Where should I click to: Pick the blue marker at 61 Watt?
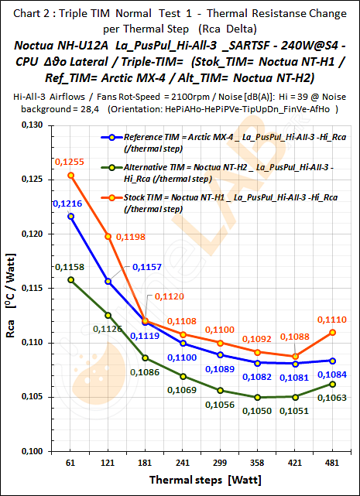click(x=70, y=217)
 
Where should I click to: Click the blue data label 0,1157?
click(x=147, y=267)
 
